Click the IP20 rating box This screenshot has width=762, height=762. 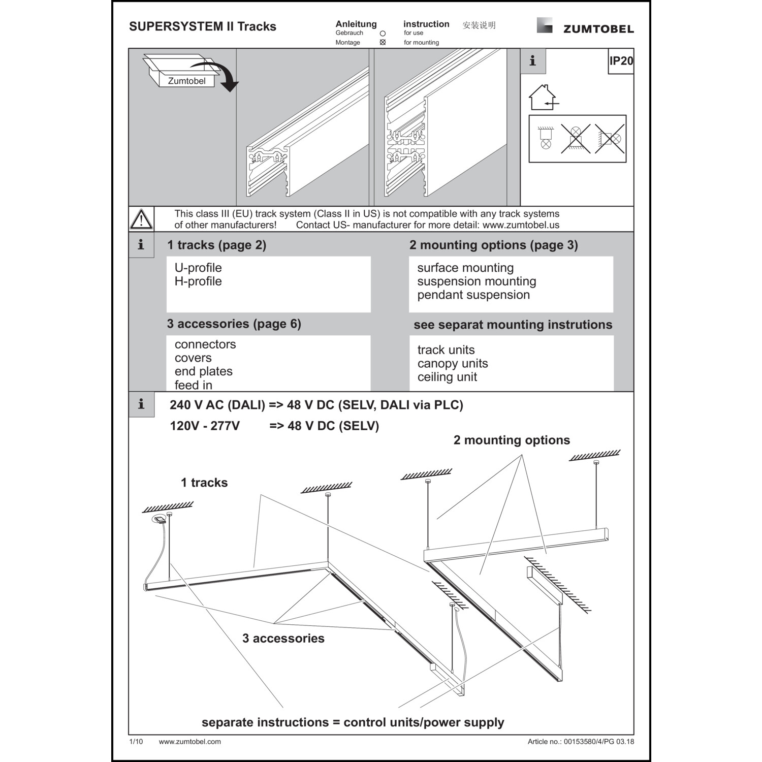tap(621, 61)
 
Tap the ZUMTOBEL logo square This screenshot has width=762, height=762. tap(544, 25)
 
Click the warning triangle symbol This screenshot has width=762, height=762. tap(141, 219)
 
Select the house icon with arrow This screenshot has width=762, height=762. tap(542, 98)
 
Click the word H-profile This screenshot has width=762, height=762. tap(198, 281)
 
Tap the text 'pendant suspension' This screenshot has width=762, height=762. tap(473, 295)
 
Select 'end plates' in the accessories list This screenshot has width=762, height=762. tap(203, 371)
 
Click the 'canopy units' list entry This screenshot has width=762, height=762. tap(452, 364)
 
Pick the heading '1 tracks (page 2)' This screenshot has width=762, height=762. tap(217, 245)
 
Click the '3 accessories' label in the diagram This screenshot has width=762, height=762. tap(283, 639)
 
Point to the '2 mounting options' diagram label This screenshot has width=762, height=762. tap(512, 440)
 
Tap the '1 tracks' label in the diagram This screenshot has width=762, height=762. tap(204, 483)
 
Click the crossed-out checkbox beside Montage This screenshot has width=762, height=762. tap(383, 43)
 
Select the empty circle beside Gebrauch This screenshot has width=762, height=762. tap(383, 33)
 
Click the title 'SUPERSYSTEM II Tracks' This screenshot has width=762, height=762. tap(203, 27)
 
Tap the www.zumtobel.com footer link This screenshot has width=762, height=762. tap(190, 742)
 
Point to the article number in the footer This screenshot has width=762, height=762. tap(581, 742)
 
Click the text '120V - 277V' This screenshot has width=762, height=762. tap(205, 426)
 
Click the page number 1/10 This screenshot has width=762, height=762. tap(136, 742)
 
